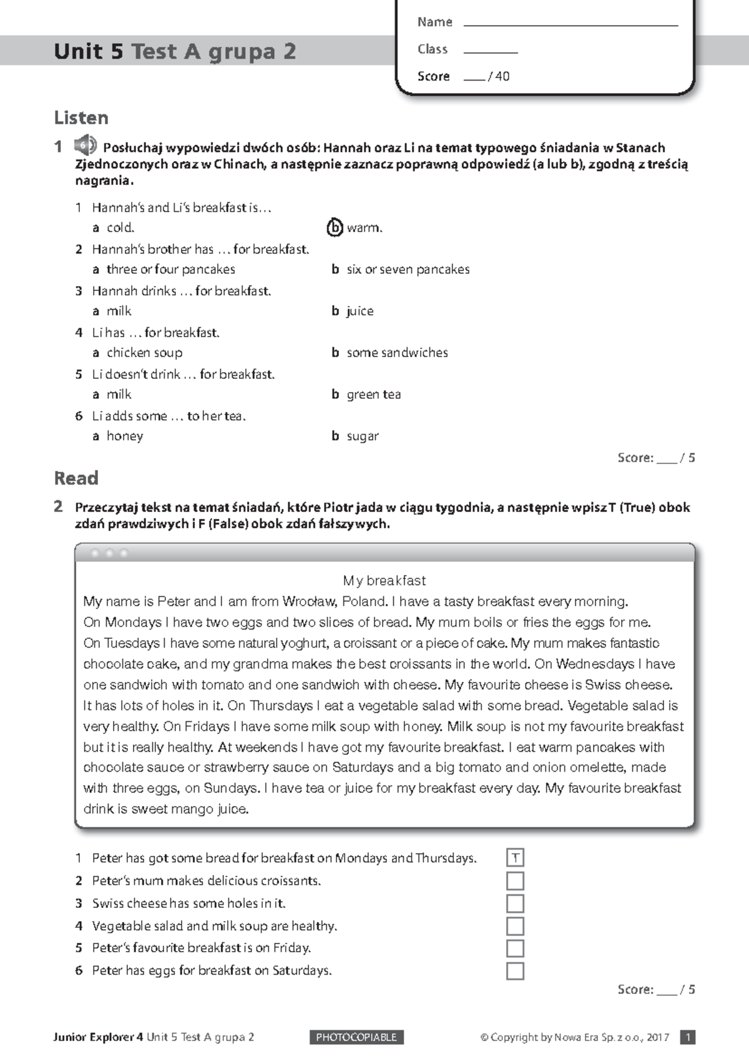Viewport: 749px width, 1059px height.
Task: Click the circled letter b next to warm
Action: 335,228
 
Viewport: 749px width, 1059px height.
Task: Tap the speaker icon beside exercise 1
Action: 85,146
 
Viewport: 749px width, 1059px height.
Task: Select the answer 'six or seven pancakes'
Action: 408,269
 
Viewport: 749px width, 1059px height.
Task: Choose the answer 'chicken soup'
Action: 144,353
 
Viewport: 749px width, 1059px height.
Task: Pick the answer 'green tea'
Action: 373,395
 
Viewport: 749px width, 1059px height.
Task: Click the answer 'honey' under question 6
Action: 125,436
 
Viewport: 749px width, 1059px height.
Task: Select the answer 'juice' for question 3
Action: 360,311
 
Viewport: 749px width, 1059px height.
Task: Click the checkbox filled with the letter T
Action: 515,858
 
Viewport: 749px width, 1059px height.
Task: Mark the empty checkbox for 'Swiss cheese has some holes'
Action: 515,904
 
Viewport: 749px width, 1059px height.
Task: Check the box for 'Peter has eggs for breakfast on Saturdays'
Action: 515,971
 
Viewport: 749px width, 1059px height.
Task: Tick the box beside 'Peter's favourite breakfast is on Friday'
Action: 515,948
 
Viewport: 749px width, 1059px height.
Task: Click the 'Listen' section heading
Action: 81,118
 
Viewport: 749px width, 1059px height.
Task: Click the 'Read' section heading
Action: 76,478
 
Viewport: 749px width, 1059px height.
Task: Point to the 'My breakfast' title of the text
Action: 384,581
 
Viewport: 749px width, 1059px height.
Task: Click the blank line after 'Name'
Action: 570,24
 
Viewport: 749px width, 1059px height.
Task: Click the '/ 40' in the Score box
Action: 499,77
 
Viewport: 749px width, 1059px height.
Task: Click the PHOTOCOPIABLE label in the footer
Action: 356,1037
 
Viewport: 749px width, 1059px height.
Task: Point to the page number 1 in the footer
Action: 687,1037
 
